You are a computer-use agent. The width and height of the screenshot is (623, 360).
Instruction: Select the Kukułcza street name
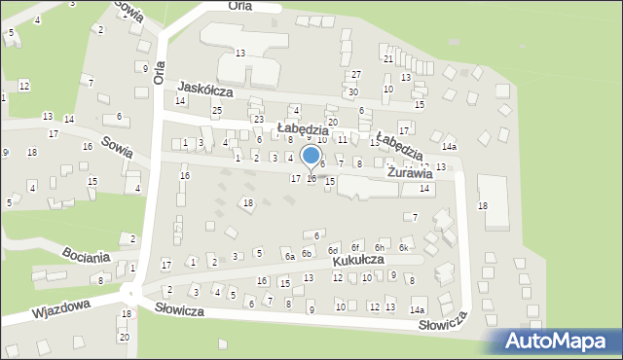[x=356, y=261]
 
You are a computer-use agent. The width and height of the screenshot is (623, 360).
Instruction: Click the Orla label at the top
[x=239, y=6]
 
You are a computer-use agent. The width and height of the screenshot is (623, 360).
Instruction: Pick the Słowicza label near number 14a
[x=444, y=323]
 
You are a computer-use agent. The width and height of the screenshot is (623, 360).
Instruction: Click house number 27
[x=356, y=75]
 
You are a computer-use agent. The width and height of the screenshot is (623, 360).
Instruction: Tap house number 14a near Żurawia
[x=449, y=146]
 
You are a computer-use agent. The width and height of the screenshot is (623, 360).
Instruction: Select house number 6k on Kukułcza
[x=403, y=248]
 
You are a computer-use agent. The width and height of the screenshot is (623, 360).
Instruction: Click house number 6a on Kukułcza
[x=289, y=257]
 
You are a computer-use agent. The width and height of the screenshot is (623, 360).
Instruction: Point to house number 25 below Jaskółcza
[x=217, y=110]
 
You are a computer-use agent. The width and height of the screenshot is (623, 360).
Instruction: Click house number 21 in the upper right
[x=387, y=59]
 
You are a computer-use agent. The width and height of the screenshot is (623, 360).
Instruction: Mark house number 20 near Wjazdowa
[x=124, y=337]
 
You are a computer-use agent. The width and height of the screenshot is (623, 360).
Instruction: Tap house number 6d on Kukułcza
[x=333, y=250]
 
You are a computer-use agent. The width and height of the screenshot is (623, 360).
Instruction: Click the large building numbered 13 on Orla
[x=239, y=53]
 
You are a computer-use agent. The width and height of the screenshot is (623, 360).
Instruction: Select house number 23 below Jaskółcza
[x=258, y=119]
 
